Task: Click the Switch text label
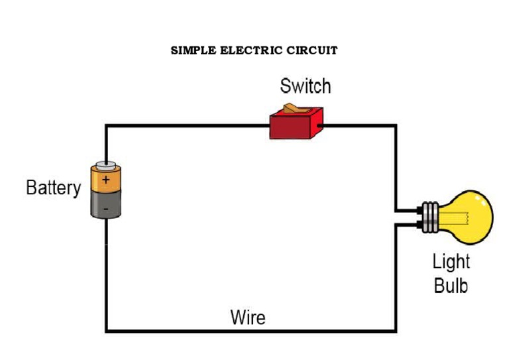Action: tap(305, 86)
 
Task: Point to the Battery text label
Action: tap(53, 188)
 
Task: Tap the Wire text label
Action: tap(248, 317)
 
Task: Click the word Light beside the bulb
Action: tap(451, 261)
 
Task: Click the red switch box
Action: tap(296, 126)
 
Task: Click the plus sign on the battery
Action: tap(107, 180)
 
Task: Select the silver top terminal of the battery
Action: tap(106, 164)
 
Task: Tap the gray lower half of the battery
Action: tap(107, 205)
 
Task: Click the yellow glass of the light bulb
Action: tap(472, 215)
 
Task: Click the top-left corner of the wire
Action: tap(106, 125)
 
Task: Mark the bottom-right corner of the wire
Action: tap(396, 330)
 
